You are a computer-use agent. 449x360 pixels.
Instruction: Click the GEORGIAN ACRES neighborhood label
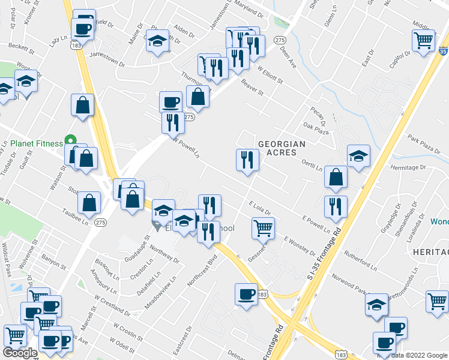pos(282,148)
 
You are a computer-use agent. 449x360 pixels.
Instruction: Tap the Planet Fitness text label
pos(37,143)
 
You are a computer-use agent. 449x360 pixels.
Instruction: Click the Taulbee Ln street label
pos(76,216)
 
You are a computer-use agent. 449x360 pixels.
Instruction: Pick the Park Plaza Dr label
pos(424,147)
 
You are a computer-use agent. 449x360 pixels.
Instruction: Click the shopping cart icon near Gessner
pos(263,227)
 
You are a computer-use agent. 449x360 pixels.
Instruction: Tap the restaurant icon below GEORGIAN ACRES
pos(247,160)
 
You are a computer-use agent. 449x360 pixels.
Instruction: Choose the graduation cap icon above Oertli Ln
pos(358,156)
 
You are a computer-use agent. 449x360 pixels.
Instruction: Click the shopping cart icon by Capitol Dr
pos(423,40)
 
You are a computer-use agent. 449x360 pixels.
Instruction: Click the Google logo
pos(20,353)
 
